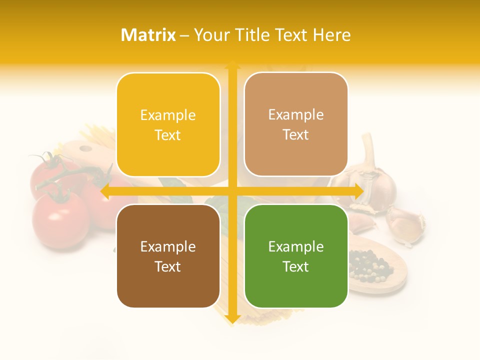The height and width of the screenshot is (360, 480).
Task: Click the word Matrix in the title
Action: pyautogui.click(x=148, y=35)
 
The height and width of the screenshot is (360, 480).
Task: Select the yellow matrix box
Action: pyautogui.click(x=168, y=124)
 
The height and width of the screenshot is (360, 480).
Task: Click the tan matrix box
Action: pyautogui.click(x=296, y=124)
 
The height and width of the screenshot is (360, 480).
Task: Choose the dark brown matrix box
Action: pyautogui.click(x=168, y=256)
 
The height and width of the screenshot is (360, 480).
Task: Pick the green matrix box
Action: pyautogui.click(x=296, y=256)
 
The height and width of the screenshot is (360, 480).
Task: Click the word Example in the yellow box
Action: pyautogui.click(x=168, y=115)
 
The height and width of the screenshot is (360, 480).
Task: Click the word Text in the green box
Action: pyautogui.click(x=296, y=266)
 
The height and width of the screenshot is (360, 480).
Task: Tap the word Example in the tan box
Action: pyautogui.click(x=296, y=115)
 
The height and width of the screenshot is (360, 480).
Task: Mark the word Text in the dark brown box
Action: pyautogui.click(x=168, y=266)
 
